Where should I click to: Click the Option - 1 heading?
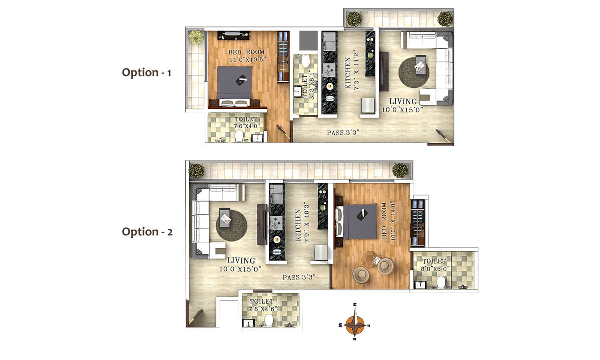[x=146, y=72]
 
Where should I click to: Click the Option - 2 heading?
[x=147, y=232]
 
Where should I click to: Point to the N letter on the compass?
[x=355, y=304]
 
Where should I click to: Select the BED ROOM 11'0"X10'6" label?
[x=246, y=56]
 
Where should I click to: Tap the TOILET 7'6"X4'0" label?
[x=246, y=122]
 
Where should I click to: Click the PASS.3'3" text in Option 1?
[x=343, y=132]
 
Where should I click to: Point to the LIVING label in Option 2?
[x=241, y=260]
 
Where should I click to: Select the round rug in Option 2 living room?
[x=232, y=226]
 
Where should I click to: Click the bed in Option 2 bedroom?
[x=356, y=222]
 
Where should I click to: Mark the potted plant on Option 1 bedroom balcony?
[x=196, y=37]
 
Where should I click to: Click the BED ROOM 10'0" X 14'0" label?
[x=388, y=221]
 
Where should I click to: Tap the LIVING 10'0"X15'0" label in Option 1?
[x=402, y=105]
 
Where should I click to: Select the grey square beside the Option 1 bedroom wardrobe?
[x=308, y=40]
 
